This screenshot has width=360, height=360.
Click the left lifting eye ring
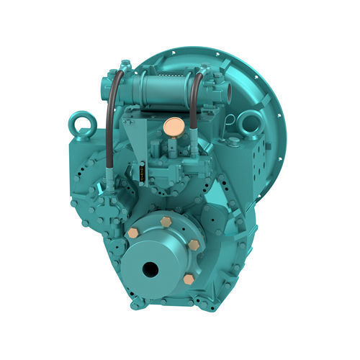coord(79,125)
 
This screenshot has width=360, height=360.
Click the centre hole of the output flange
coord(150,269)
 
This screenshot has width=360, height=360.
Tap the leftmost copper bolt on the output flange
coord(133,233)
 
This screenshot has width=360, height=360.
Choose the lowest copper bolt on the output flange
coord(189,279)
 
